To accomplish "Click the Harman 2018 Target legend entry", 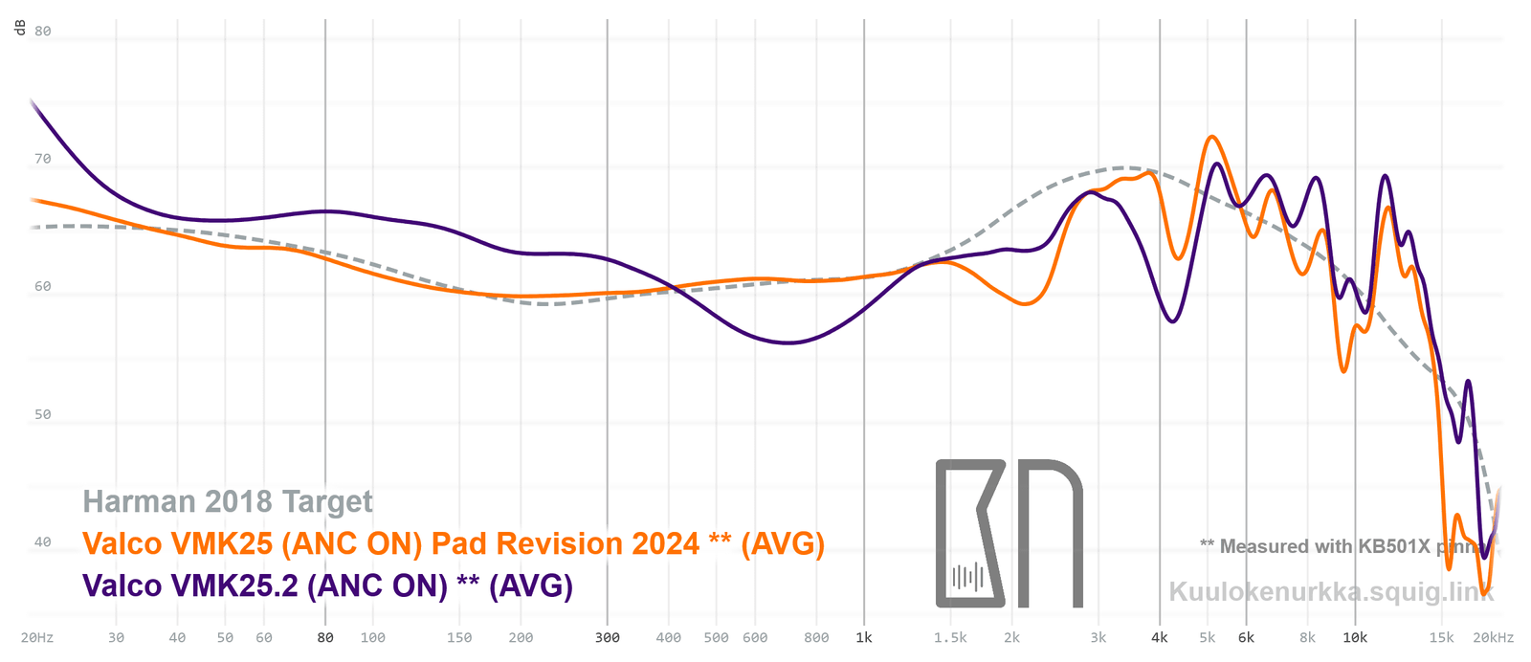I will click(228, 501).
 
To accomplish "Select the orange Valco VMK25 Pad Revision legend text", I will click(454, 543).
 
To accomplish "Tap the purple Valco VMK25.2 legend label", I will click(327, 585).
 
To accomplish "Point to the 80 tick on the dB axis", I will click(43, 31).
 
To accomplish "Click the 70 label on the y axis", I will click(43, 159).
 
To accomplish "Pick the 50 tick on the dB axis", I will click(43, 414).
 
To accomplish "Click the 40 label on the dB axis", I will click(43, 541).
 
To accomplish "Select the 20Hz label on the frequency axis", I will click(37, 637).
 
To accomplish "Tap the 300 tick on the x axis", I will click(608, 637).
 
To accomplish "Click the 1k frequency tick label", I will click(864, 637).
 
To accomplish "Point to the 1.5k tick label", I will click(950, 637).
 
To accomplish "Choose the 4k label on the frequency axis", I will click(1160, 637).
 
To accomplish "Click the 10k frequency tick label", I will click(1355, 637).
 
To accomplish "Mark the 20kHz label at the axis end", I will click(1493, 637).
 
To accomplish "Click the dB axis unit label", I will click(20, 28).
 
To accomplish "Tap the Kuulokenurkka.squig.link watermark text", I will click(1331, 591).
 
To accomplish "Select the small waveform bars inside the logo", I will click(968, 577).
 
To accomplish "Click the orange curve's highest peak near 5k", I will click(1212, 137).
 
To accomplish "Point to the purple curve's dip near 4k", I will click(1173, 321).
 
